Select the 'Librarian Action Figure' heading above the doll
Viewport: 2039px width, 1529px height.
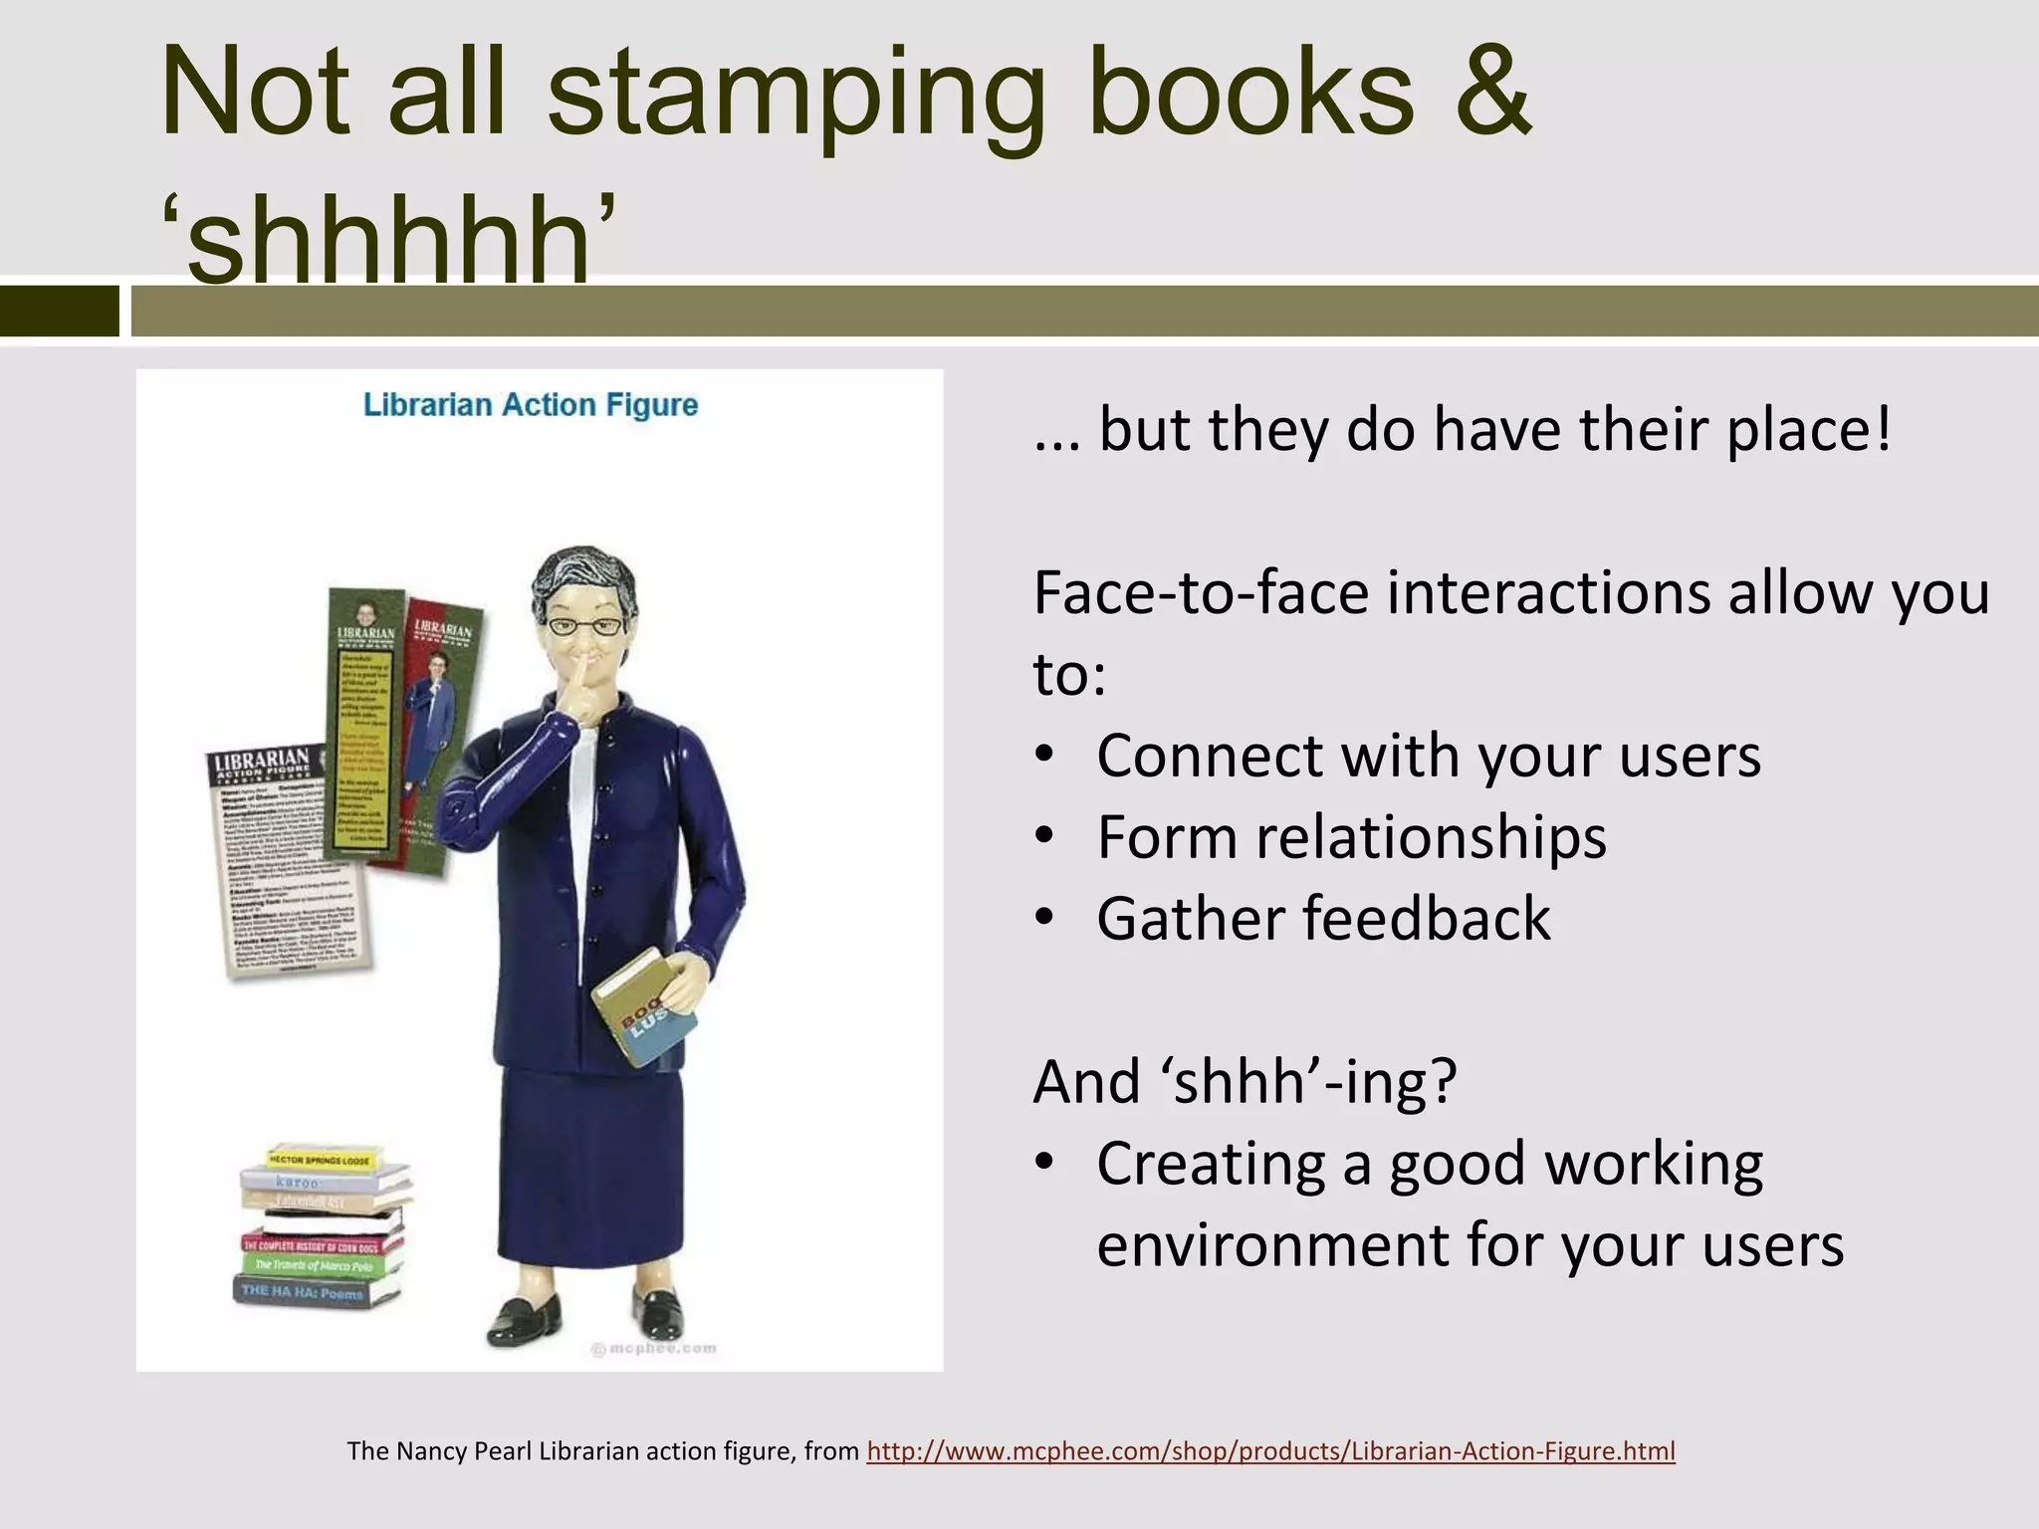click(x=530, y=405)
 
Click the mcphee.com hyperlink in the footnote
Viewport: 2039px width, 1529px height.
click(x=1270, y=1451)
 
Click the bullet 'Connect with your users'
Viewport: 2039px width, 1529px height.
click(x=1428, y=756)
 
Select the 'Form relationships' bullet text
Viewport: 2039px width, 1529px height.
click(x=1351, y=837)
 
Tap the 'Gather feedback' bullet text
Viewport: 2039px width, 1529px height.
click(x=1323, y=918)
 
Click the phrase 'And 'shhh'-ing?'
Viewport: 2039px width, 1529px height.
click(x=1245, y=1081)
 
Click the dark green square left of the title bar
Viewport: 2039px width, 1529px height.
click(x=59, y=311)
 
